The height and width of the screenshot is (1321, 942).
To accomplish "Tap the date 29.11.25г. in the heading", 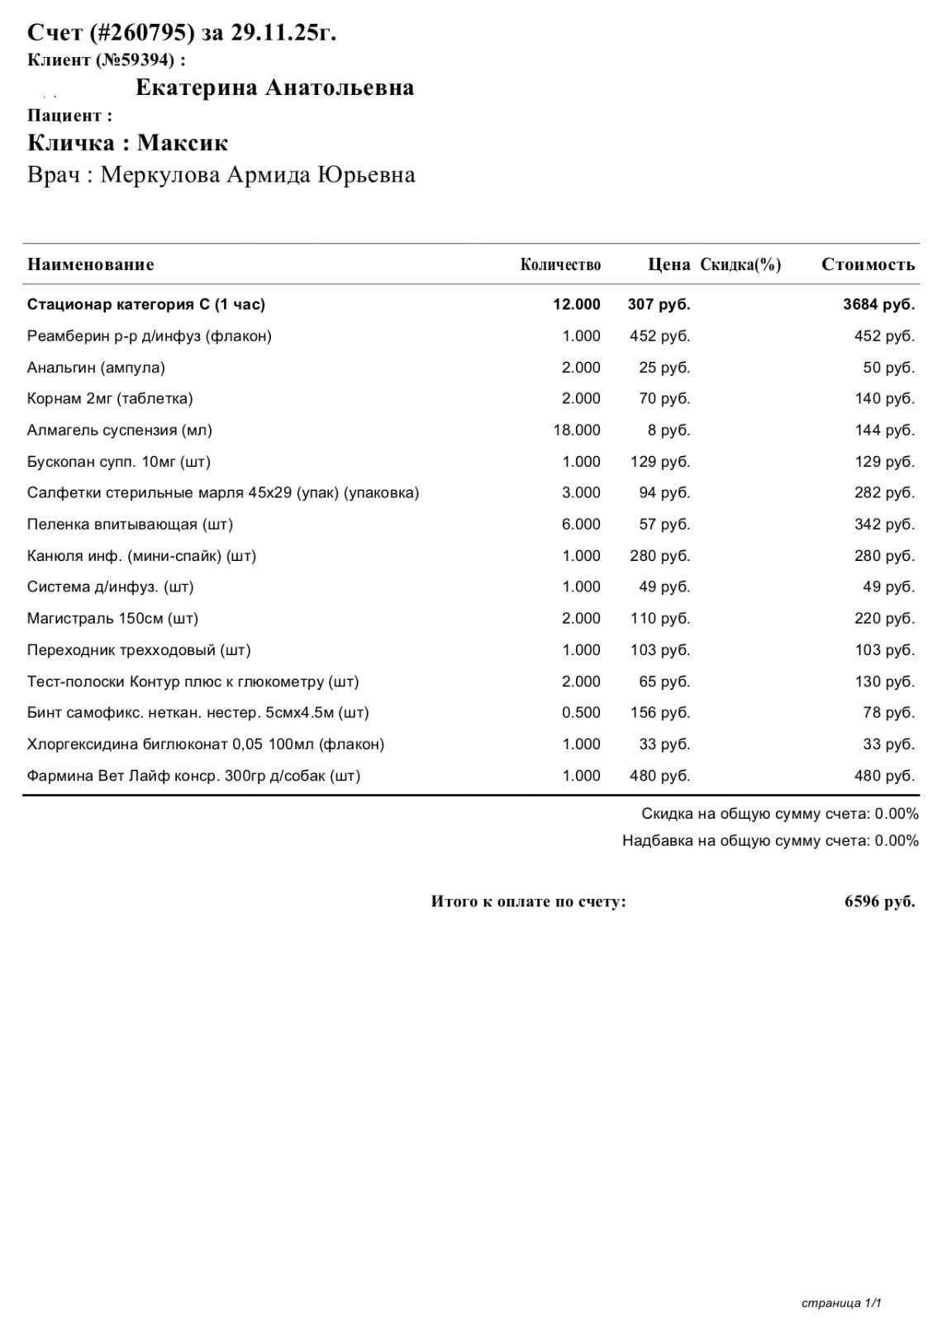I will coord(283,33).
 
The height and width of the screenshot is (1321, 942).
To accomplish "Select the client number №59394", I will coord(136,60).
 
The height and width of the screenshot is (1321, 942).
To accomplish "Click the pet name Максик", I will coord(183,143).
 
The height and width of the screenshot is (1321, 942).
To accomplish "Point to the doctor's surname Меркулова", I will coord(160,175).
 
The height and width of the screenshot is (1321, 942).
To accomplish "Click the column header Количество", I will coord(560,264).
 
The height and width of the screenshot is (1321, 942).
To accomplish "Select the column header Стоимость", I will coord(868,264).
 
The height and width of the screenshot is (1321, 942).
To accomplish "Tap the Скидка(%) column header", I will coord(740,264).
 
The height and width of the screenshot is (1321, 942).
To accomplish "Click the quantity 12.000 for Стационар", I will coord(577,304).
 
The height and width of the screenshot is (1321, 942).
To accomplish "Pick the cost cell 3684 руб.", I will coord(878,304).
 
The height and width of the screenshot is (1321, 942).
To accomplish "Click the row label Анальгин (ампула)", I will coord(96,368).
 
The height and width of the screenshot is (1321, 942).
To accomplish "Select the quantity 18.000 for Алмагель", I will coord(577,430).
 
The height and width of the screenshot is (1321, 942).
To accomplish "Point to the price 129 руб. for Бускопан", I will coord(659,462).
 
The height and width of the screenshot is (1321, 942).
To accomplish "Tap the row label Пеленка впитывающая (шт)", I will coord(130,525).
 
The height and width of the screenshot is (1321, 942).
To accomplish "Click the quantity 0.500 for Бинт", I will coord(581,713).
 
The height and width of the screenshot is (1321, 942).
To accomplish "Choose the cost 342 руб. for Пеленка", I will coord(884,525).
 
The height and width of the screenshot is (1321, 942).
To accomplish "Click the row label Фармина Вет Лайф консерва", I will coord(193,776).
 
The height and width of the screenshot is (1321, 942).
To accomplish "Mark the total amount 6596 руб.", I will coord(879,901).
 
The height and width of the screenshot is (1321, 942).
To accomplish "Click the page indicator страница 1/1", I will coord(841,1304).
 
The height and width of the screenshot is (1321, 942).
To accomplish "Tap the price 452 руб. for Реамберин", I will coord(659,336).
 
